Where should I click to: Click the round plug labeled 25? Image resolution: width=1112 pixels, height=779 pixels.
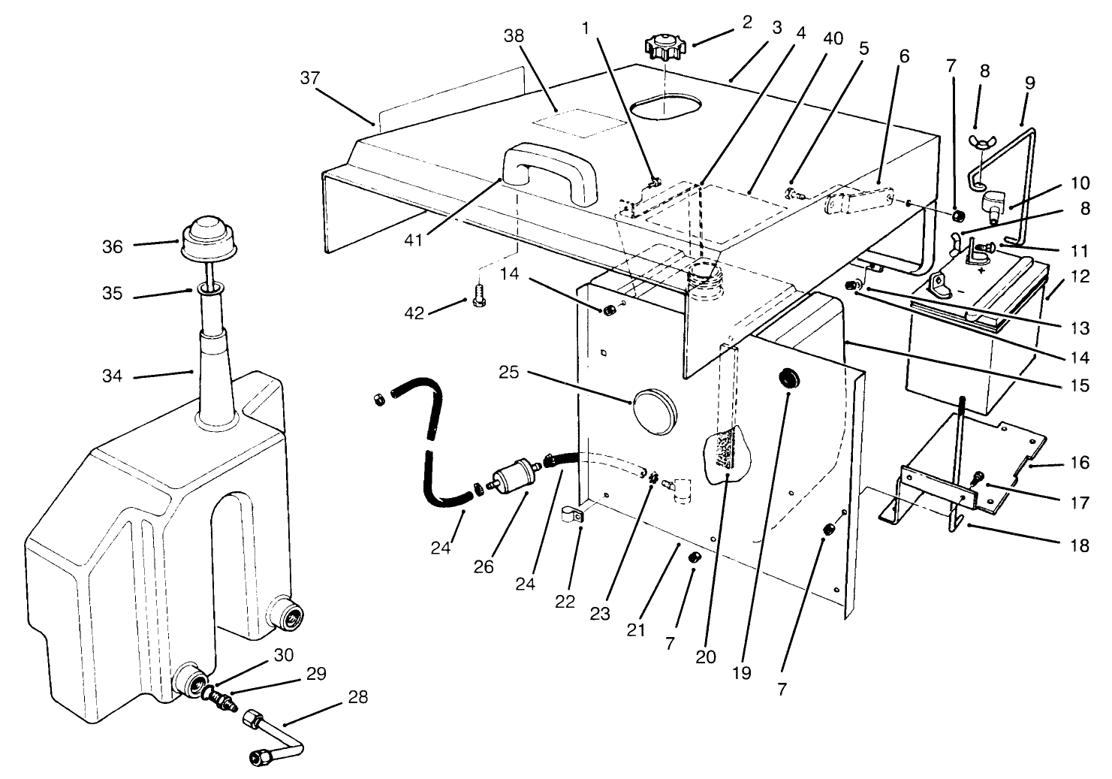click(x=653, y=406)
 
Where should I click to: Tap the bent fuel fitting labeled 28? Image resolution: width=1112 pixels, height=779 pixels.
click(x=274, y=739)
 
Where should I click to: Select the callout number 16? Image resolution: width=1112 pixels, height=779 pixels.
click(x=1079, y=462)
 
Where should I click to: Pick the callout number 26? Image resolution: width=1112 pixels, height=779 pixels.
click(x=484, y=566)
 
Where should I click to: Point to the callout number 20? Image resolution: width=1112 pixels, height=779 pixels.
click(x=705, y=656)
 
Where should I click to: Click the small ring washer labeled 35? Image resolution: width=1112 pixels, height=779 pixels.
click(x=212, y=288)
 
